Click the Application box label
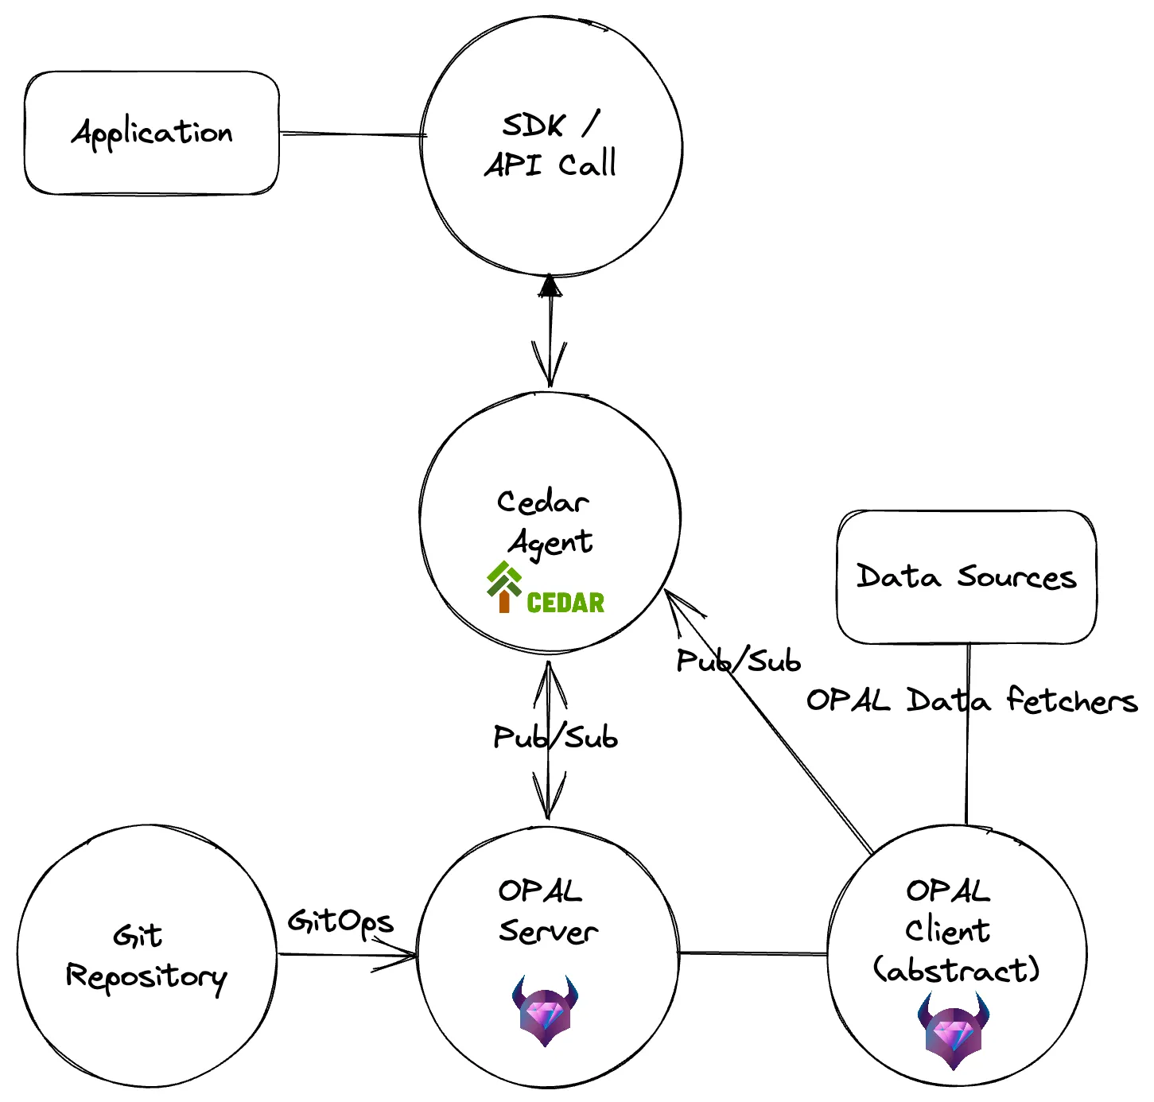point(152,133)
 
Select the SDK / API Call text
point(550,145)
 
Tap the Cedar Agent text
point(546,522)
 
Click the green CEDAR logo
point(546,589)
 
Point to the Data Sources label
point(966,576)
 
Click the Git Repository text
point(146,956)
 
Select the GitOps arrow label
point(340,922)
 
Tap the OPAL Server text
point(547,911)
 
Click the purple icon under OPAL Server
point(545,1010)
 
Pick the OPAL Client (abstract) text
point(954,930)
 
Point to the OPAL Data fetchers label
point(971,700)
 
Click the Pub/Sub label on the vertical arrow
point(555,737)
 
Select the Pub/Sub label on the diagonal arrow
point(738,661)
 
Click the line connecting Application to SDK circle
point(350,134)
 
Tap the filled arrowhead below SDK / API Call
point(550,285)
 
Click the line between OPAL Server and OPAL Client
point(753,953)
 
